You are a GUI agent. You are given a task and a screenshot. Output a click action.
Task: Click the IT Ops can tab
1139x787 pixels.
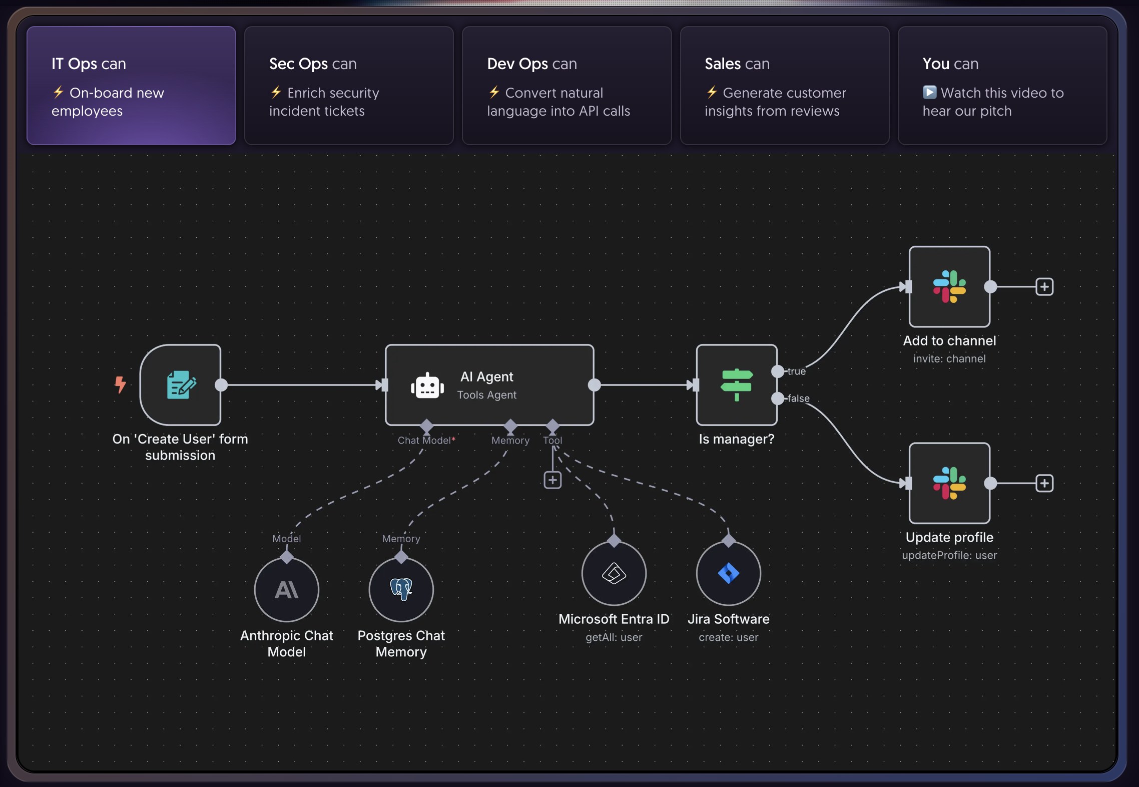coord(131,86)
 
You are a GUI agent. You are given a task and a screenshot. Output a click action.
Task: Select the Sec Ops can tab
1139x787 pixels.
coord(349,86)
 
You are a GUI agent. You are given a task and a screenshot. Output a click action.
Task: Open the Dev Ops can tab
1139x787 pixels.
coord(566,86)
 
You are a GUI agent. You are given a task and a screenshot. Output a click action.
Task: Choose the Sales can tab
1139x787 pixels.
coord(784,86)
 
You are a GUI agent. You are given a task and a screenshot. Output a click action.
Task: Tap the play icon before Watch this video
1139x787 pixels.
coord(929,93)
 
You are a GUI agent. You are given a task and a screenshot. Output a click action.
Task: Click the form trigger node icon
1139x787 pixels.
coord(181,384)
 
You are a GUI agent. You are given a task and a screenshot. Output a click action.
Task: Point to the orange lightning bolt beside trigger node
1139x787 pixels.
coord(120,384)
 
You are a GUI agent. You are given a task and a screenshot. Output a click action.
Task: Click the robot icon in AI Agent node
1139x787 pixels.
coord(427,386)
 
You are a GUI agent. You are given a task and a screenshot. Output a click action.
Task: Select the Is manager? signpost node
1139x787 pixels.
coord(736,384)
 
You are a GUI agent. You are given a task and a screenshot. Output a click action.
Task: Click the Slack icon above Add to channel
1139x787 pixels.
coord(949,286)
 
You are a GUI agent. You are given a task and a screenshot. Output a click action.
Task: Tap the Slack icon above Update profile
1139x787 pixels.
coord(949,483)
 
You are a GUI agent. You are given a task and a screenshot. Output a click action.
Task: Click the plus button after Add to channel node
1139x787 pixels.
coord(1044,287)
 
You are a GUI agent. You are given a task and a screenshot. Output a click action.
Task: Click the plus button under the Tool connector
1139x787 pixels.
coord(552,480)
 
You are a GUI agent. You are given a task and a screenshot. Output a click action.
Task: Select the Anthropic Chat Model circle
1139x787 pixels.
coord(287,590)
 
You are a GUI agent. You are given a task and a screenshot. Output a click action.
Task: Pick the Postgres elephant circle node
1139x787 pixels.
coord(401,590)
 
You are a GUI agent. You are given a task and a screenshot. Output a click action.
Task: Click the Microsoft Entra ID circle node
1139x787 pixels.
coord(614,573)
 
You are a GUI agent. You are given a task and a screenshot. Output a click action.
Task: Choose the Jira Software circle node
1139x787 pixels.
coord(729,573)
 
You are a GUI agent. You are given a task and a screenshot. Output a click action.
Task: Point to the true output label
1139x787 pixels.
coord(796,371)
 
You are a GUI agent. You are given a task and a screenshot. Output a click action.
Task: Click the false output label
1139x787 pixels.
coord(798,399)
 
